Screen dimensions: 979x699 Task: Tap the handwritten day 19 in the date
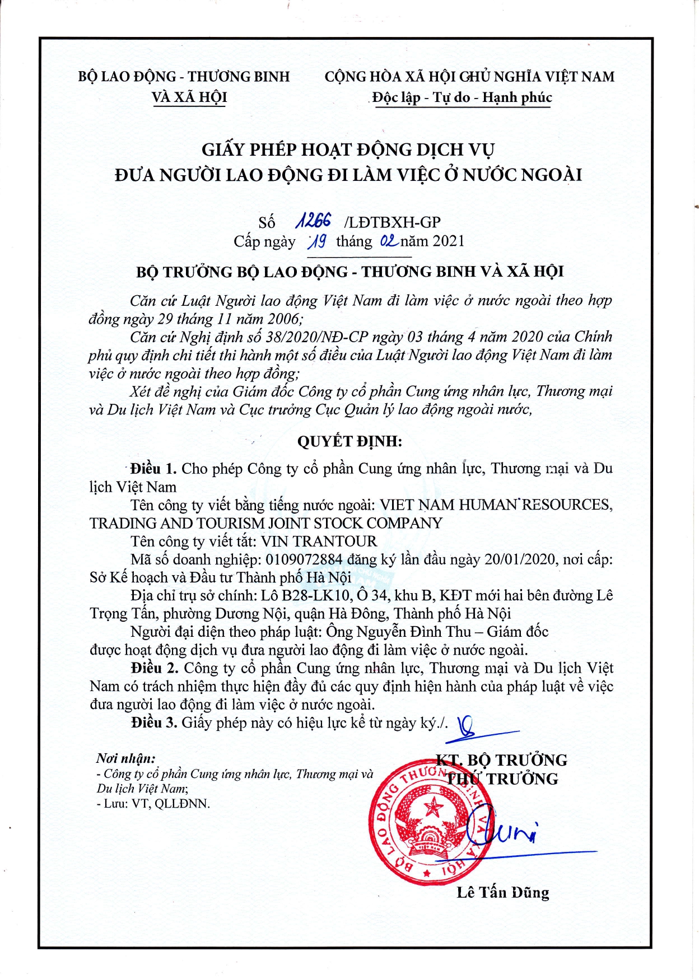318,241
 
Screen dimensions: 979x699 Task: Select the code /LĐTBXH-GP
393,222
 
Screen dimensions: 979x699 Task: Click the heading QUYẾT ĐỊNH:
349,441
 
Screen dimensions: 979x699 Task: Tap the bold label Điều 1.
153,469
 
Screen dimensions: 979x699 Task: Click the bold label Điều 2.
155,668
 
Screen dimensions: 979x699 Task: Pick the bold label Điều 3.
155,722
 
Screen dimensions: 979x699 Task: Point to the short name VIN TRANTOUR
319,542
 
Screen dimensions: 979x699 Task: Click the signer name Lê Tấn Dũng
502,892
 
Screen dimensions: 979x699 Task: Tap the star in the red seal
433,809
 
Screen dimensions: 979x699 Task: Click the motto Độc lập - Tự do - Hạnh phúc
462,97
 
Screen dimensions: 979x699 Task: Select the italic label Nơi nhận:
126,759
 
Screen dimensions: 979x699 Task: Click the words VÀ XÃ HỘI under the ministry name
189,97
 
